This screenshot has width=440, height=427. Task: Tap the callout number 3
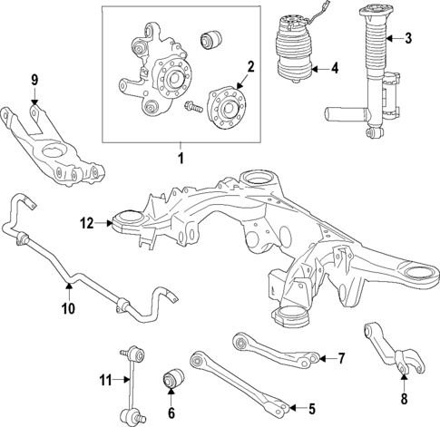point(407,38)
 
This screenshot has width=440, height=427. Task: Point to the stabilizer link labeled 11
point(127,380)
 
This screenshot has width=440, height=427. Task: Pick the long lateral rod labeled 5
point(236,382)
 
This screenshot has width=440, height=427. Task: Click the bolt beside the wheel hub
point(193,110)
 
